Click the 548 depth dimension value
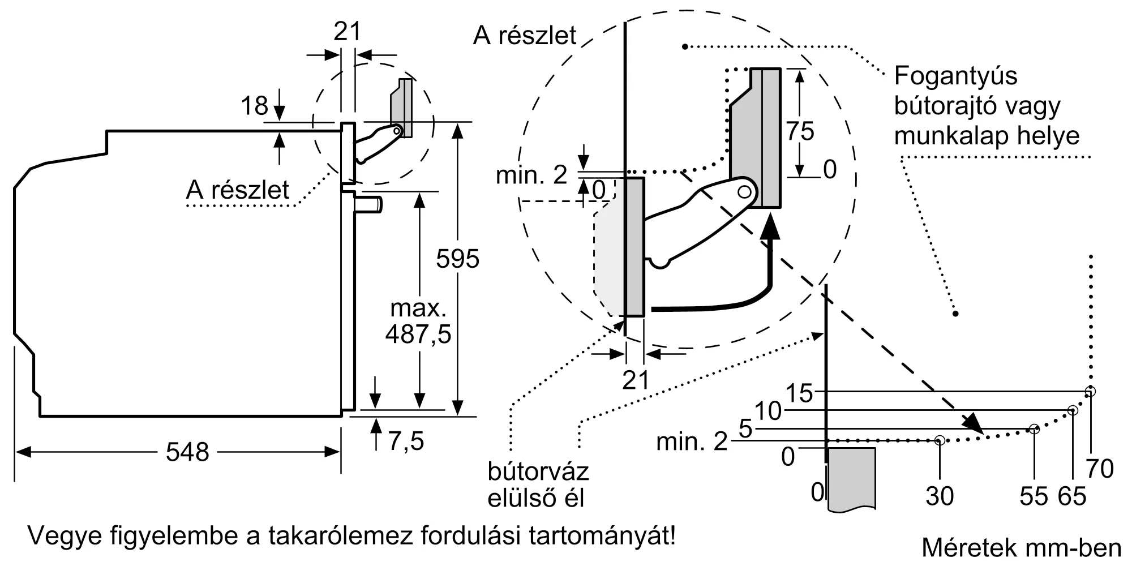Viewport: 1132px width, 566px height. [187, 452]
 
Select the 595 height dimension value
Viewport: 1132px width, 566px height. [457, 259]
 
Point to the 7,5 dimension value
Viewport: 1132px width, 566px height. [406, 441]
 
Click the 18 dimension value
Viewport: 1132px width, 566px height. [254, 106]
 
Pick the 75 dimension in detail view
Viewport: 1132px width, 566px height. [800, 131]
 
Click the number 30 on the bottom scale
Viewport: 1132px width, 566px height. [940, 496]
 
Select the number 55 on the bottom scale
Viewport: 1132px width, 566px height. [1034, 496]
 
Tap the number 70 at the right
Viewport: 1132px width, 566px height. [1100, 469]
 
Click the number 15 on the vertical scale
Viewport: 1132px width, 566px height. [799, 393]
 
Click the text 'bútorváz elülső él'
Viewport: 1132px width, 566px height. [538, 484]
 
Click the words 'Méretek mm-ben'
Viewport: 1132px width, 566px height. [1021, 547]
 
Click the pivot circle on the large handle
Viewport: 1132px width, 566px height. [745, 192]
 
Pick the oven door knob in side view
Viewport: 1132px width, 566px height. [368, 203]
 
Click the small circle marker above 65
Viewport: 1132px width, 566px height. [1072, 410]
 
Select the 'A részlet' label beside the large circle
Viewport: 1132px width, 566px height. [524, 35]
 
